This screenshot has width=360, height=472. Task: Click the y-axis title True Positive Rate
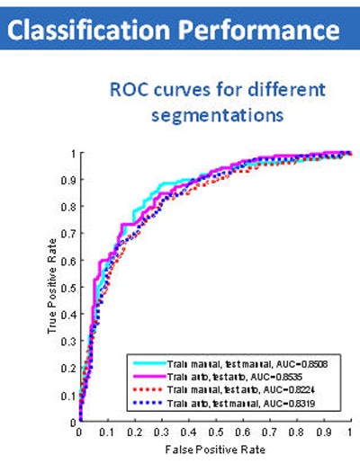(x=53, y=287)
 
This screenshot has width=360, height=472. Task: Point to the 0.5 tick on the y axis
(x=70, y=287)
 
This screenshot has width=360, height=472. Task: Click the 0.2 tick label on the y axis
(x=70, y=368)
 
